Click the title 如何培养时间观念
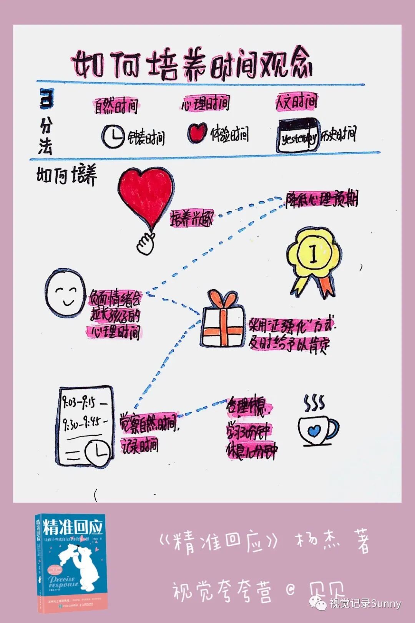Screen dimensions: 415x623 click(192, 65)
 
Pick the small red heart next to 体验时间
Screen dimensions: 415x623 click(198, 133)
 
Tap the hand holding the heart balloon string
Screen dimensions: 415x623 click(146, 243)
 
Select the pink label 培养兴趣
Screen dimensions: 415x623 click(191, 219)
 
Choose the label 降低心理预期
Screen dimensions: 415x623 click(321, 200)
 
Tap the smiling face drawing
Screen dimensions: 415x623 click(65, 294)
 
